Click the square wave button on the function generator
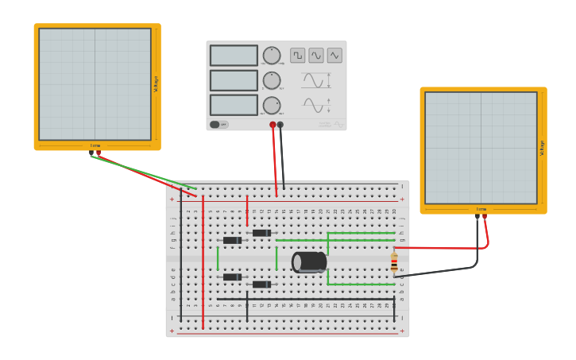(297, 56)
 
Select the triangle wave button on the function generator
(334, 56)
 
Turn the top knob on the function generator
(272, 56)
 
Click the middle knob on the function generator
(272, 80)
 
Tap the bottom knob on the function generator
(272, 106)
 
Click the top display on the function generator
(234, 56)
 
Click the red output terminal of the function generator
(273, 125)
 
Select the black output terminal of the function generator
(280, 125)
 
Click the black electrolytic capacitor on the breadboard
(310, 261)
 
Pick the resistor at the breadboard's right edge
(394, 262)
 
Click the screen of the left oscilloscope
(95, 84)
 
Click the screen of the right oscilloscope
(481, 148)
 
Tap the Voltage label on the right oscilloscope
(543, 148)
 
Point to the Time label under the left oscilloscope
(95, 145)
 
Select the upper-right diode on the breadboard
(261, 233)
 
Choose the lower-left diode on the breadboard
(232, 277)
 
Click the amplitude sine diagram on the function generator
(314, 80)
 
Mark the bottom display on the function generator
(234, 106)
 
